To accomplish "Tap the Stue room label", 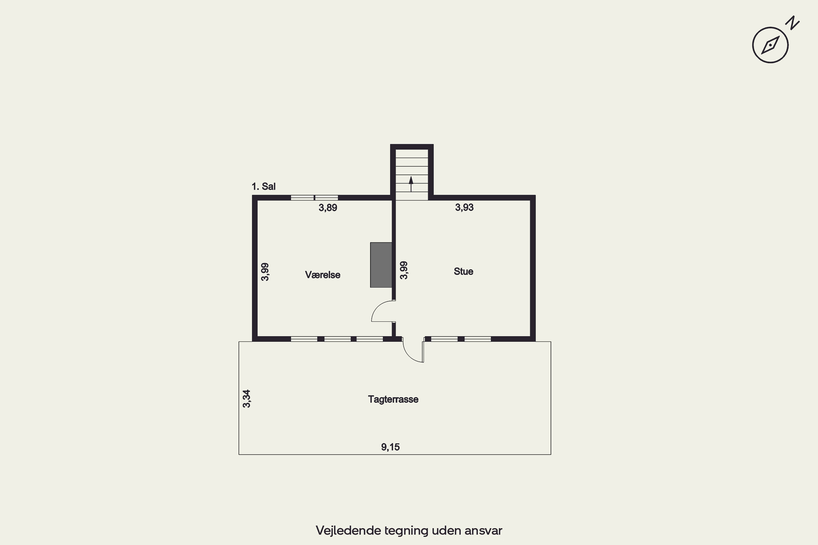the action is tap(463, 271).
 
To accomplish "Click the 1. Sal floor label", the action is tap(263, 187).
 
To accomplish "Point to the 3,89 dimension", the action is tap(328, 208).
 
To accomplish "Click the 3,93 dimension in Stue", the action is tap(464, 207).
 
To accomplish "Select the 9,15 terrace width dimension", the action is tap(390, 447).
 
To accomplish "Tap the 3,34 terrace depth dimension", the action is tap(246, 399).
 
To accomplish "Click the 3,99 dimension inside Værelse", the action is tap(265, 272).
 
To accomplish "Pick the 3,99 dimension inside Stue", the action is tap(404, 270).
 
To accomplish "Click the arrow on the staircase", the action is tap(411, 184).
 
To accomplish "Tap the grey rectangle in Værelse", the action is tap(381, 265).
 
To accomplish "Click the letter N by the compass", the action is tap(793, 23).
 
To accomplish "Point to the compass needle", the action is tap(770, 45).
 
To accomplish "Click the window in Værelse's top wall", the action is tap(314, 198).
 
